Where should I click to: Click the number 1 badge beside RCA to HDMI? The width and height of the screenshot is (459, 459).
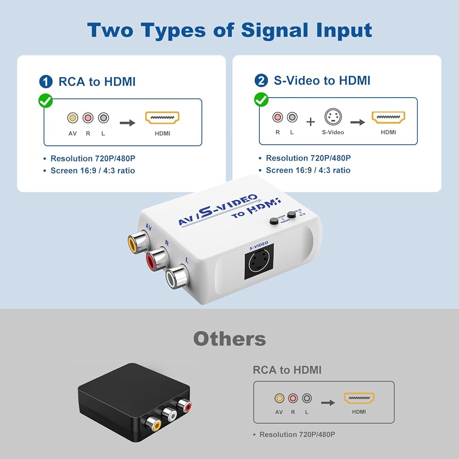pos(46,82)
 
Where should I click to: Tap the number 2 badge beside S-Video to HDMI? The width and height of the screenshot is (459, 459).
pos(261,81)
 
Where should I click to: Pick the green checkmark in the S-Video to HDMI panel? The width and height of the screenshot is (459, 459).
pos(261,100)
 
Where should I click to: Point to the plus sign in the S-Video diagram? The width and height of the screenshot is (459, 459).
pos(311,122)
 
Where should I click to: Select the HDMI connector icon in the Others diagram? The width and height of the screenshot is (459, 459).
pos(359,398)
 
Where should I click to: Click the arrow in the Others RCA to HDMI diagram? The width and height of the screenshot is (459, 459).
pos(328,403)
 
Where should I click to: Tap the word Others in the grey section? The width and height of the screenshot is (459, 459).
pos(229,339)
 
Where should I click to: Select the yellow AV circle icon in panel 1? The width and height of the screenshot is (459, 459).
pos(72,118)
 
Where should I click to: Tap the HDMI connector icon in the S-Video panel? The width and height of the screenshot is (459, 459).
pos(388,118)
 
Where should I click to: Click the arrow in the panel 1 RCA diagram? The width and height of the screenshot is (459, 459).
pos(127,123)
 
